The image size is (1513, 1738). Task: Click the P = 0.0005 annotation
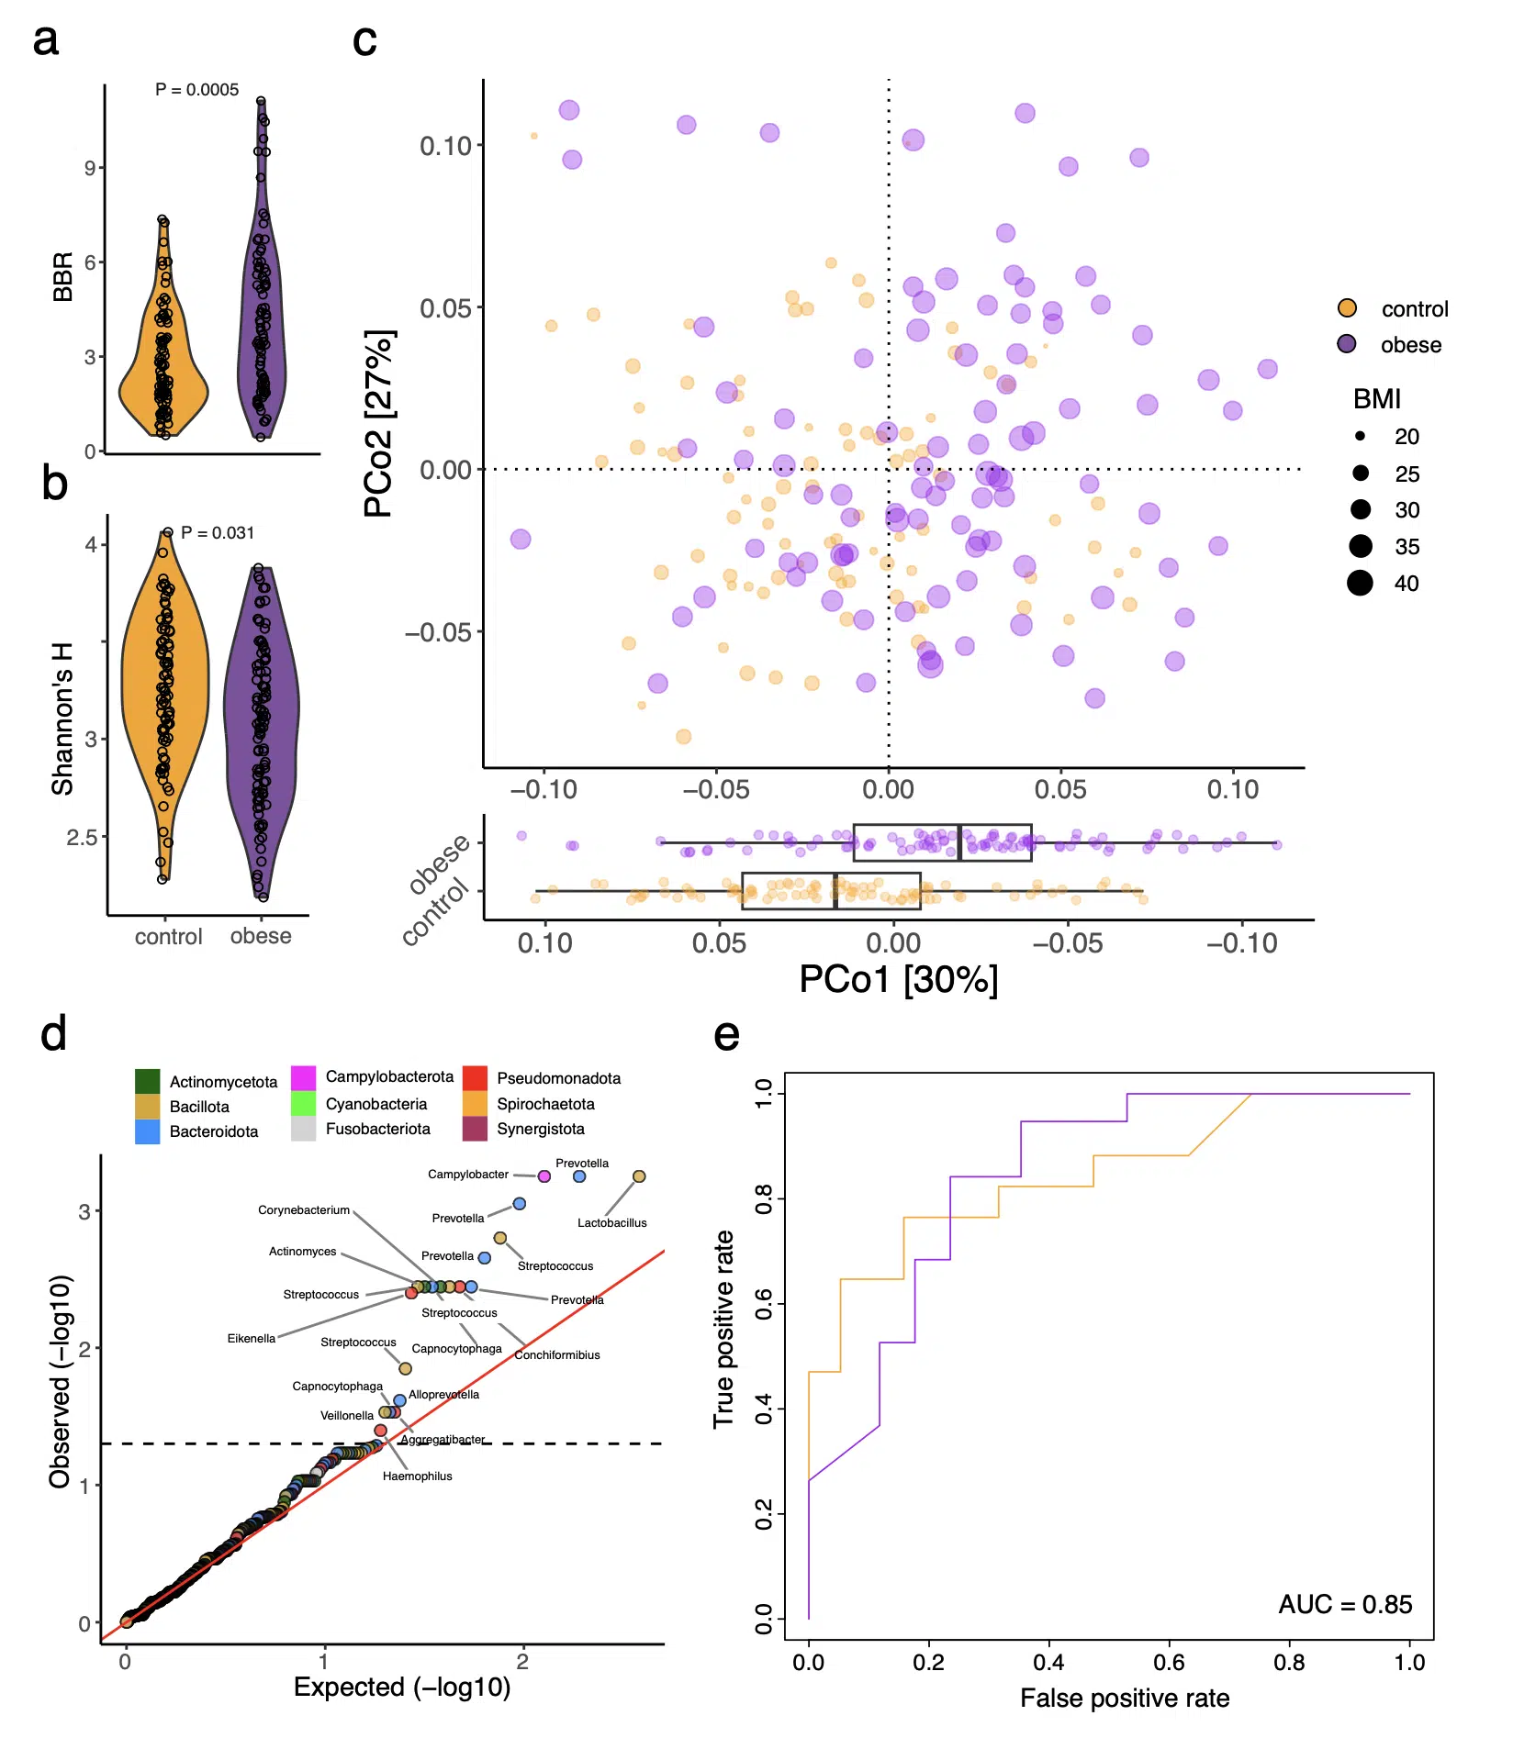tap(196, 90)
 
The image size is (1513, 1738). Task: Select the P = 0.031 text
tap(218, 533)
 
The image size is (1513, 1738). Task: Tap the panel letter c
tap(364, 40)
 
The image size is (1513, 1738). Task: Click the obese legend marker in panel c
tap(1346, 344)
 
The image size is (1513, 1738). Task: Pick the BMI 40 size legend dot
tap(1360, 583)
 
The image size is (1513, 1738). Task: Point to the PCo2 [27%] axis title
tap(378, 424)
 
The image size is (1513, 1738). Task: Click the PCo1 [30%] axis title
tap(898, 980)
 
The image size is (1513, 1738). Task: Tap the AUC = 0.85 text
tap(1345, 1604)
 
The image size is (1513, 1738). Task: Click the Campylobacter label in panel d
tap(467, 1175)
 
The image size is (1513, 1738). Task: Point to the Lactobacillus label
tap(611, 1223)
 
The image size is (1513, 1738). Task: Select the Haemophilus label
tap(417, 1476)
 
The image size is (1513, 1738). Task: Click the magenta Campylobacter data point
tap(544, 1176)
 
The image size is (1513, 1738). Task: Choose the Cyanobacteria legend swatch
tap(303, 1104)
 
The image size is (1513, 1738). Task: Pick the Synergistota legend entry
tap(540, 1129)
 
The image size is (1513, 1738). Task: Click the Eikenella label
tap(251, 1339)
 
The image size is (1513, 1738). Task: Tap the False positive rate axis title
tap(1124, 1699)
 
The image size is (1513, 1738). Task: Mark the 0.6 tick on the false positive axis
tap(1169, 1662)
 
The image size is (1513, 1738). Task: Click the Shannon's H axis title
tap(62, 719)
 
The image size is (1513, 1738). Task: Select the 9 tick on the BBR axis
tap(90, 168)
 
